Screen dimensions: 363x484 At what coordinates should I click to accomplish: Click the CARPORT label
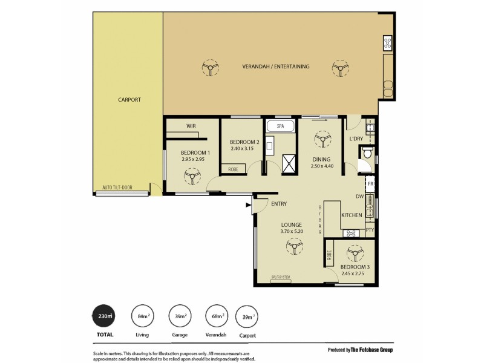tap(129, 99)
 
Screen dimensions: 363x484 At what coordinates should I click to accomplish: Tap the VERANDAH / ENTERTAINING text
tap(276, 67)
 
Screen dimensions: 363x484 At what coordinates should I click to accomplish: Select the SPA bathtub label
tap(280, 126)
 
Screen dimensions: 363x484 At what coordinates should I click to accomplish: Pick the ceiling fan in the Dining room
tap(319, 140)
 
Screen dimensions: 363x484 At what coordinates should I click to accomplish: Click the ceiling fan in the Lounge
tap(295, 246)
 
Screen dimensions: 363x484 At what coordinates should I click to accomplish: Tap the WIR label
tap(191, 126)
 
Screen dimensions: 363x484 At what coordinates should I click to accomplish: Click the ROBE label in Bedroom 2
tap(233, 169)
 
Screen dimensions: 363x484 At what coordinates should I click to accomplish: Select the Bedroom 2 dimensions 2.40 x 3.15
tap(244, 149)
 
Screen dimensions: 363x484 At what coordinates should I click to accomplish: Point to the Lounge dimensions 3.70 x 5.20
tap(291, 231)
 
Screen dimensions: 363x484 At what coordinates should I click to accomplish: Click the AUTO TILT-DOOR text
tap(117, 188)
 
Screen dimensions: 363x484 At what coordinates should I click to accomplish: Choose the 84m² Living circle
tap(143, 316)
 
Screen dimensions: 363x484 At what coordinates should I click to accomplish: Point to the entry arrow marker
tap(248, 206)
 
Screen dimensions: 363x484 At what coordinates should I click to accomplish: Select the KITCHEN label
tap(352, 215)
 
